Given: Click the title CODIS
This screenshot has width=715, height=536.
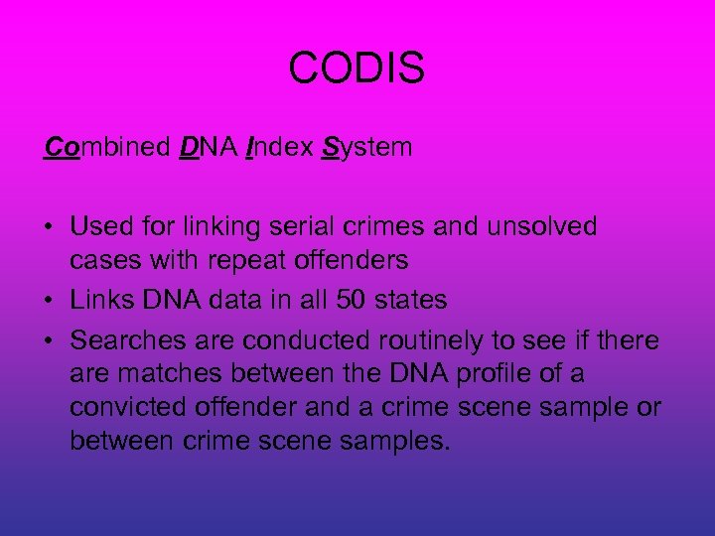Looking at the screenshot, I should point(357,68).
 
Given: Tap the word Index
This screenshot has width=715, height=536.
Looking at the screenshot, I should point(277,148).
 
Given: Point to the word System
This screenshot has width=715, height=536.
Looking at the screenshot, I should point(366,148).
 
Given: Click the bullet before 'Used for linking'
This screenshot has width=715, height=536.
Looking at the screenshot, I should point(49,227).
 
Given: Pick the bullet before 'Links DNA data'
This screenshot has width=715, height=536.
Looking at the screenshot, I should point(49,300).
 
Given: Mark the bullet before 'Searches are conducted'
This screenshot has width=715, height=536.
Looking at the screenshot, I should point(49,340).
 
